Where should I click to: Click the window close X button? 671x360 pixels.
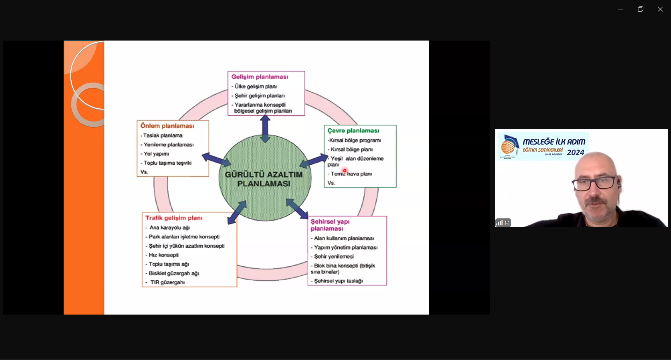660,9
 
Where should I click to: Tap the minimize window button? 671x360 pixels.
620,9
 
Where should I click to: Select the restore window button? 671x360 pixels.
640,9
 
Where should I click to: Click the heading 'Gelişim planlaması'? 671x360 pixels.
260,77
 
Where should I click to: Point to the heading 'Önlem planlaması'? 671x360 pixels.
167,126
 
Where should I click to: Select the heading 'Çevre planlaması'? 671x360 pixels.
353,131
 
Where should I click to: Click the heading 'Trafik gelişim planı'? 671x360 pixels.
174,218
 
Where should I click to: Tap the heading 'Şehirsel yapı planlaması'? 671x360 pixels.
330,225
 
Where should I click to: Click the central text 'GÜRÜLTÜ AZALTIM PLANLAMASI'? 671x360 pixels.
264,179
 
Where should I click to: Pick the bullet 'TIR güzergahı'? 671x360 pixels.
167,282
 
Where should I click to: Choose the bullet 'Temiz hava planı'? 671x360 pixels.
351,174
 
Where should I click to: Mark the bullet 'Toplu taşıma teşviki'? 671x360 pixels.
167,163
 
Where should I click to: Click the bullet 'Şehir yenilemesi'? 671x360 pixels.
334,257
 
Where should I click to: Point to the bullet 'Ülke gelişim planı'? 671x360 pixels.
255,86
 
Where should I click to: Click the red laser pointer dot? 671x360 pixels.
345,171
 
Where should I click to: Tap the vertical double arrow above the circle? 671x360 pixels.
265,128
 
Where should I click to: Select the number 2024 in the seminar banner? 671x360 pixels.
575,153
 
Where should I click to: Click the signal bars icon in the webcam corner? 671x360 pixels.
499,223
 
